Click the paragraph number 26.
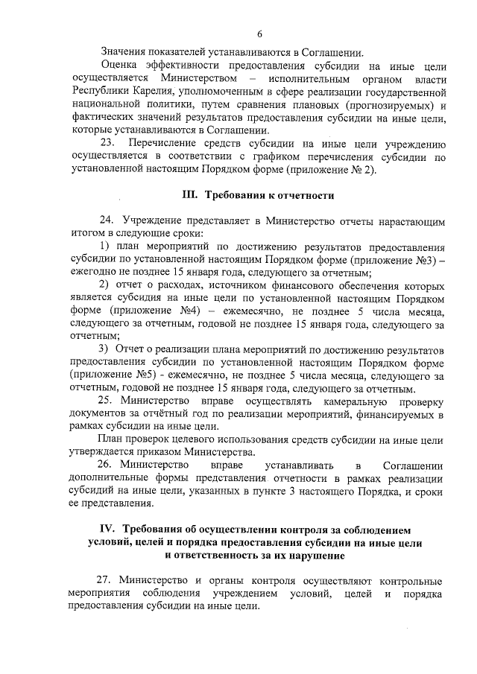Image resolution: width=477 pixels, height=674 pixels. [107, 465]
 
